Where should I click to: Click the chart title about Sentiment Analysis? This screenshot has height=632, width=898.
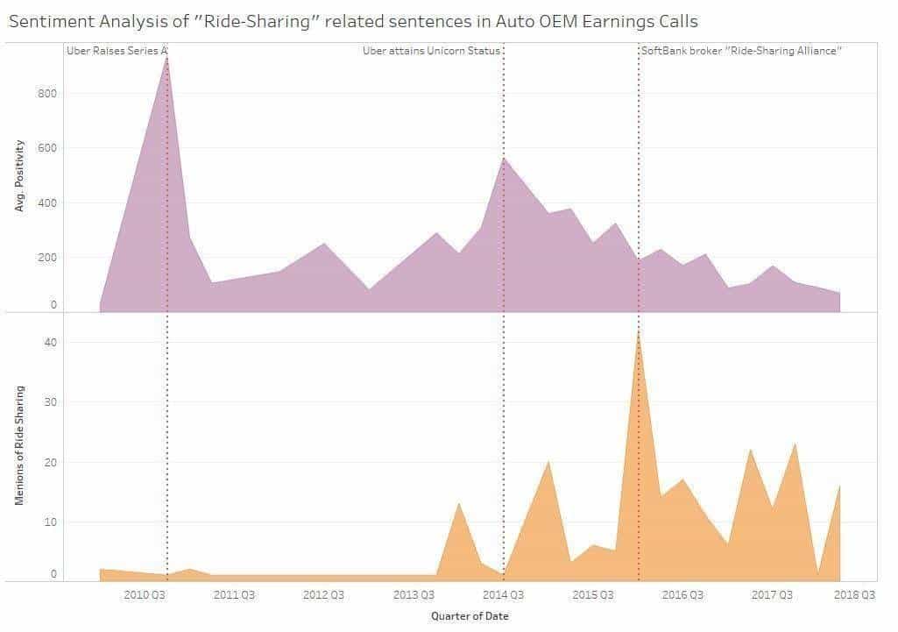coord(353,21)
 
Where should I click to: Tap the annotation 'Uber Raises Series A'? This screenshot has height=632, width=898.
coord(117,52)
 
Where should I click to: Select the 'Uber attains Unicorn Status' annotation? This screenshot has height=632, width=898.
coord(431,52)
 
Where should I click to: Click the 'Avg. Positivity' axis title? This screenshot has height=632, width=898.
coord(20,175)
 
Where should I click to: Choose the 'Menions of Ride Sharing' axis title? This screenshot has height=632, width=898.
coord(20,445)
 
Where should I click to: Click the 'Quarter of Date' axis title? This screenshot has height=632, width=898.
coord(470,615)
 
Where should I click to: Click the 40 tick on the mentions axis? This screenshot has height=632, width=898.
coord(51,342)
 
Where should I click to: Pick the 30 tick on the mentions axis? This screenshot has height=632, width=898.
coord(51,402)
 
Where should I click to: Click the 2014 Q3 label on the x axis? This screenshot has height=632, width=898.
coord(504,595)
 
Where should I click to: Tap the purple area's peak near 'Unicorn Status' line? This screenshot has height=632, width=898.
coord(504,158)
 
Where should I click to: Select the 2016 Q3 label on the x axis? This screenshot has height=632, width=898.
coord(682,595)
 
